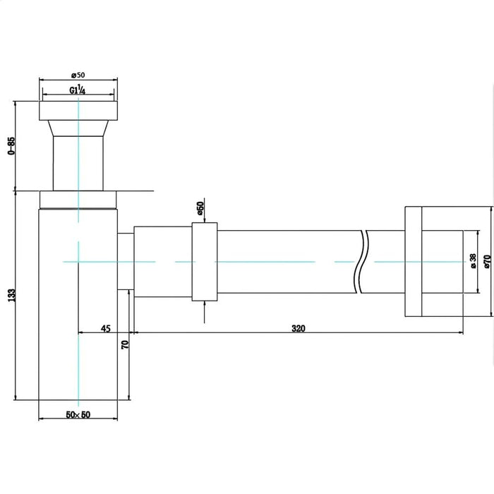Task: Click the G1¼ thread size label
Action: click(x=78, y=90)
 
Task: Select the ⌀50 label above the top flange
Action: click(x=78, y=76)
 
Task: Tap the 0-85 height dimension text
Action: click(x=11, y=145)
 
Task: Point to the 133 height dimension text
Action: click(x=11, y=296)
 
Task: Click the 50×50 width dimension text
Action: click(x=78, y=415)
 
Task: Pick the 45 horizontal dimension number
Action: click(x=106, y=329)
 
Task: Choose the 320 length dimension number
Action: click(x=299, y=329)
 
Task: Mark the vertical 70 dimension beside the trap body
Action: click(x=125, y=344)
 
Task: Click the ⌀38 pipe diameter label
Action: click(x=474, y=261)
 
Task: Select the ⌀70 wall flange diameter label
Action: click(x=487, y=262)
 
